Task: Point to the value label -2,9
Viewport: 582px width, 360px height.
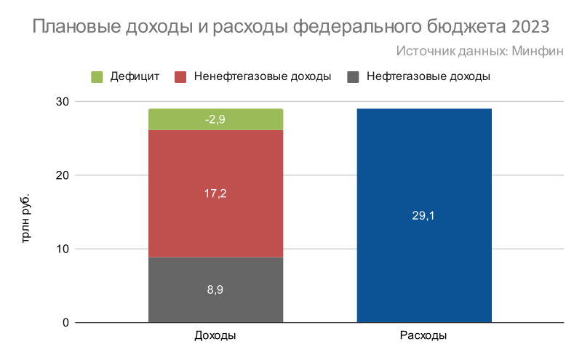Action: coord(215,120)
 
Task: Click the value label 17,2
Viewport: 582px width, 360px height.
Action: coord(215,193)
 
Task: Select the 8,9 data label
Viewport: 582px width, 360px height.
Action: coord(215,289)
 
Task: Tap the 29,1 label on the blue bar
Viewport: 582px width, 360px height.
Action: coord(424,215)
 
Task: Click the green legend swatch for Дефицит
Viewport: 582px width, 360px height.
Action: coord(97,76)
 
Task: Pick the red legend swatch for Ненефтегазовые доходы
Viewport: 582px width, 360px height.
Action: coord(181,76)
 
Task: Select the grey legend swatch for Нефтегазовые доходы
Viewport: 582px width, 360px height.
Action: coord(354,76)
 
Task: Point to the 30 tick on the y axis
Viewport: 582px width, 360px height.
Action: coord(62,102)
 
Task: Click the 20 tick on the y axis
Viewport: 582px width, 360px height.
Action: coord(62,175)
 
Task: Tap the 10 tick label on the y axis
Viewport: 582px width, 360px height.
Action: coord(62,249)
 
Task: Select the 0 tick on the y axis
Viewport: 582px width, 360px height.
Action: coord(65,322)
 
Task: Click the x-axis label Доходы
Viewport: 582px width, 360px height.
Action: coord(215,337)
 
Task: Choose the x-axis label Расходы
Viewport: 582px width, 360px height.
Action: coord(423,337)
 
